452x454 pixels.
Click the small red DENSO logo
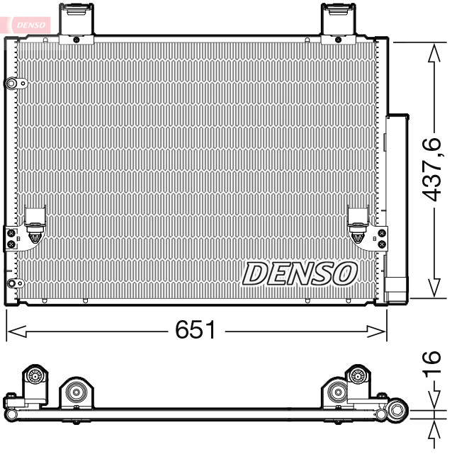point(30,23)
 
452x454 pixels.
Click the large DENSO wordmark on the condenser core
point(300,273)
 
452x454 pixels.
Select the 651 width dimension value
point(196,330)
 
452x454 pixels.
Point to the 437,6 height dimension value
point(433,169)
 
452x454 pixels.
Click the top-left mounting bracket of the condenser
point(77,21)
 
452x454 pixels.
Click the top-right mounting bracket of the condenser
point(338,21)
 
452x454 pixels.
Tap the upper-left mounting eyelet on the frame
point(12,84)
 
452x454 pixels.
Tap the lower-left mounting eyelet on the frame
point(11,284)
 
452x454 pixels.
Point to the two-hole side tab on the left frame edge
point(11,237)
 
